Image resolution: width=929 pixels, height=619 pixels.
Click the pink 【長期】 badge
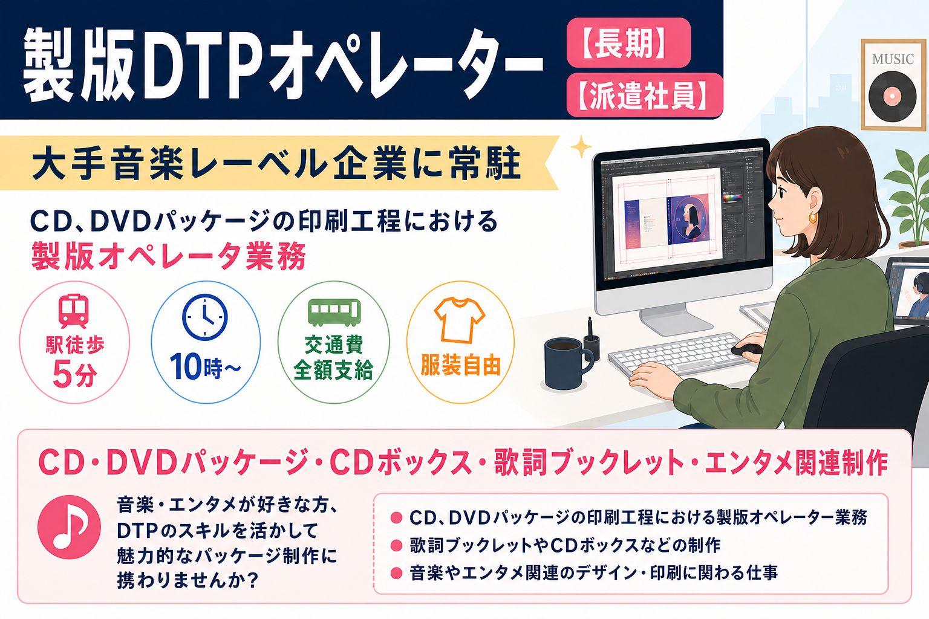tap(628, 43)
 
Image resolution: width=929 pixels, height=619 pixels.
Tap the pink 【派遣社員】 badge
tap(645, 96)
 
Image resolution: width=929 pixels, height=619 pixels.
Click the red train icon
tap(74, 311)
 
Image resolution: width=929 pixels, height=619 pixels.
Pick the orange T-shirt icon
tap(459, 320)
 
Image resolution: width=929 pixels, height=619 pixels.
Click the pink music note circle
tap(70, 527)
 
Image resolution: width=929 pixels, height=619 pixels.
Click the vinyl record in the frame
tap(892, 96)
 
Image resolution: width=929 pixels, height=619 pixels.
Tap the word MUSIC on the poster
tap(893, 59)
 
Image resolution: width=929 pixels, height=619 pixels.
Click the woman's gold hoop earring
tap(813, 217)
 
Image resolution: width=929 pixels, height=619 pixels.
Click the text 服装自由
tap(460, 365)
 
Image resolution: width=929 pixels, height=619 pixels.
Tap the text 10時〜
tap(205, 366)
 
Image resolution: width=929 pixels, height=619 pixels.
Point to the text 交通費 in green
tap(334, 345)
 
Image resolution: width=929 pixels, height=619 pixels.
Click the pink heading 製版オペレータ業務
tap(168, 256)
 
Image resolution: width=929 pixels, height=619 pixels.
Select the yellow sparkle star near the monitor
tap(581, 146)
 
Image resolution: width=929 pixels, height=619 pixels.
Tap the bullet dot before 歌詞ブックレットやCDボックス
tap(397, 545)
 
